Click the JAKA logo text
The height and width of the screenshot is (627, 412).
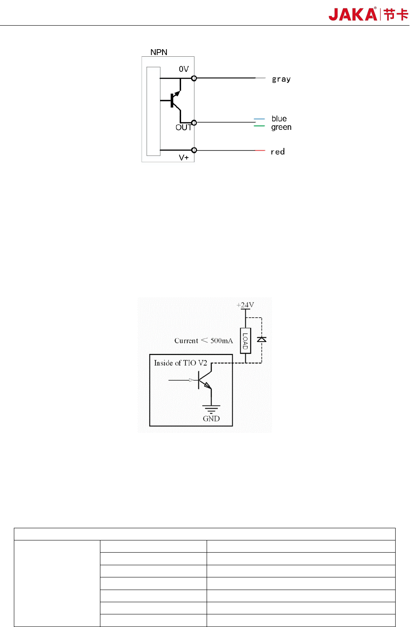tap(353, 15)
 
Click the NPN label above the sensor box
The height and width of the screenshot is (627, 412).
tap(159, 52)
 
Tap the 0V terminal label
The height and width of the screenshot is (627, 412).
tap(184, 69)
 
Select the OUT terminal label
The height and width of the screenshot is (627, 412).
tap(183, 127)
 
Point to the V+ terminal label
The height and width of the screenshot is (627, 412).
tap(184, 158)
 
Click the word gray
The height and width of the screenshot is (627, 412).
tap(281, 79)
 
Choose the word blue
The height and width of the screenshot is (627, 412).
tap(279, 119)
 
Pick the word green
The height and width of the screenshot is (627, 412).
tap(281, 127)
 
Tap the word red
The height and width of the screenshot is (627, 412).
tap(277, 152)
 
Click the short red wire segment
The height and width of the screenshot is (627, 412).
tap(260, 150)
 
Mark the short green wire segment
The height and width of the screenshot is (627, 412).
tap(259, 126)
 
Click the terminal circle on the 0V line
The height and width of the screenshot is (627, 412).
tap(194, 78)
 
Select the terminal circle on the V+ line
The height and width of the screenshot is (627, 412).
tap(194, 150)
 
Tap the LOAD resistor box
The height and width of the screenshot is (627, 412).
tap(245, 341)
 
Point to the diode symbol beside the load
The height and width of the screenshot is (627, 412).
tap(262, 339)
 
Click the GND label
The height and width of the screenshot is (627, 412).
tap(211, 419)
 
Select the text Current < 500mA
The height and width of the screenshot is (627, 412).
tap(203, 341)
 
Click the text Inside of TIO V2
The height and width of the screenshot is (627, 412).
tap(180, 363)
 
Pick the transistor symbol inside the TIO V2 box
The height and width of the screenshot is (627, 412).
tap(205, 380)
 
